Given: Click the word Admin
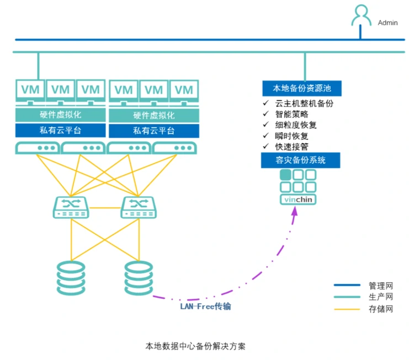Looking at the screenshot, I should [x=387, y=23].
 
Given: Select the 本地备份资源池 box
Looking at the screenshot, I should [x=301, y=88].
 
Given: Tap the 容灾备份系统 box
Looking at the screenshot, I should [x=301, y=160].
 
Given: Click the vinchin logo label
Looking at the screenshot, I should [x=299, y=200].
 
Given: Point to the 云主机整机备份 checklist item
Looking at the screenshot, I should [x=304, y=103].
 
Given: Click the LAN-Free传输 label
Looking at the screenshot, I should [x=205, y=306].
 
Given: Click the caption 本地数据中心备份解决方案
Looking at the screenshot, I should [x=196, y=346].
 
